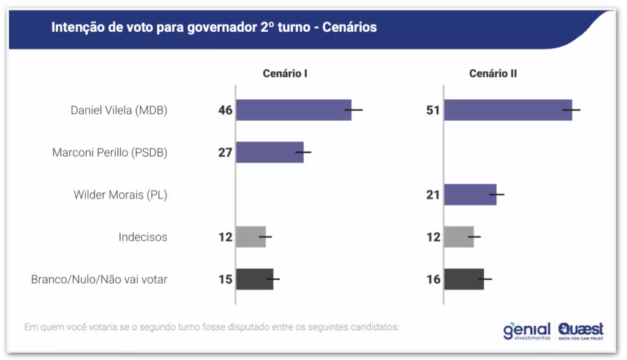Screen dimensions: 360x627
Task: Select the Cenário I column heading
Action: (285, 73)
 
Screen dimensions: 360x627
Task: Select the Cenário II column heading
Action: (493, 73)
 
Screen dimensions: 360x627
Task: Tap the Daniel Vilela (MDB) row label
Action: (119, 110)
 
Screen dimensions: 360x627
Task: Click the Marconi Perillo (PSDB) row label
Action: (110, 152)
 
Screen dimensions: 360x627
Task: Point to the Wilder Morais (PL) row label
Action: (120, 195)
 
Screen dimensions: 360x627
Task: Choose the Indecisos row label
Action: (143, 237)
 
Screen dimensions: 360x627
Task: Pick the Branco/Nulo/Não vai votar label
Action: (99, 279)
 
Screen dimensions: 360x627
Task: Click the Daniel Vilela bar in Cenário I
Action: (293, 110)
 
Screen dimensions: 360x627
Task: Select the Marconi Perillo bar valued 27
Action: (269, 152)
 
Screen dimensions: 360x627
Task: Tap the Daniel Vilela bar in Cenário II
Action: (508, 110)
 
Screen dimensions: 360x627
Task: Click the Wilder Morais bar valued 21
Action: (470, 195)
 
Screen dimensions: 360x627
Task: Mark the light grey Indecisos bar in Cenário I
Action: (251, 237)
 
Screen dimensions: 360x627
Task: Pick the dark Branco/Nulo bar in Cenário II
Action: (464, 279)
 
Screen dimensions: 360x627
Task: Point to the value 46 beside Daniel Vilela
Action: (225, 111)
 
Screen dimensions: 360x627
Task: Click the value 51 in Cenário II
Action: (433, 111)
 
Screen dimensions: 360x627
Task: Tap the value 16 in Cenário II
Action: (433, 280)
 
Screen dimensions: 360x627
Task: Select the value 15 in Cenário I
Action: (225, 280)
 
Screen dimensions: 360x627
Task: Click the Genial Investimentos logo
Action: (527, 331)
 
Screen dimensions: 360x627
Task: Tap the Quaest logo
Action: (580, 331)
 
